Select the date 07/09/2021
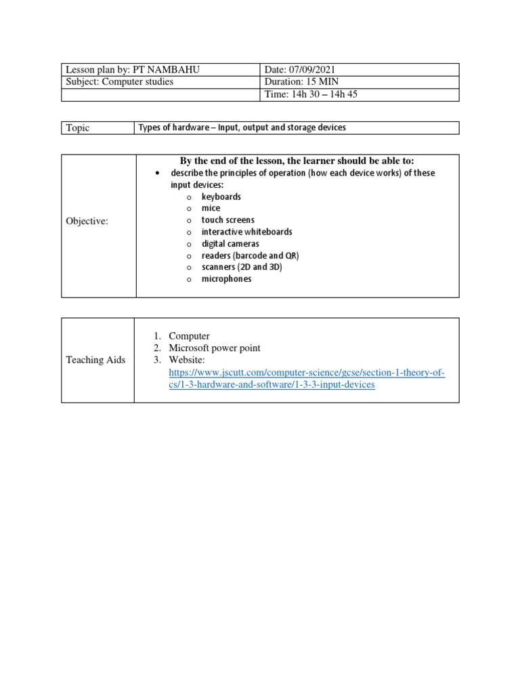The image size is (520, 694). point(311,70)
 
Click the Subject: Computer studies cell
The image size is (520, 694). point(119,82)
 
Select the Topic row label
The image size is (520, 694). point(77,128)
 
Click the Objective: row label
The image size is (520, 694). point(87,221)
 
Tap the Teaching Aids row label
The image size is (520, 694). point(95,360)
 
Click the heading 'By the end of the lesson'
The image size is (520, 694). point(297,161)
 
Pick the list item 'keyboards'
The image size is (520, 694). point(221,197)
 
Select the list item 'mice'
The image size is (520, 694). point(211,208)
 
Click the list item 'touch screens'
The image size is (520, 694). point(227,220)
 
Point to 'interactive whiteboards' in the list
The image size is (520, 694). point(246,232)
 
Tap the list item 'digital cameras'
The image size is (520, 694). point(230,243)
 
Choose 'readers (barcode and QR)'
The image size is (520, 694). point(250,256)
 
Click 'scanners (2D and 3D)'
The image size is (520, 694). point(242,267)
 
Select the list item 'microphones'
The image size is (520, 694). point(226,279)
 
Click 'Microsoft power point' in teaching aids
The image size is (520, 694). point(215,348)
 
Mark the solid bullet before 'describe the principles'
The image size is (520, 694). point(157,173)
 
